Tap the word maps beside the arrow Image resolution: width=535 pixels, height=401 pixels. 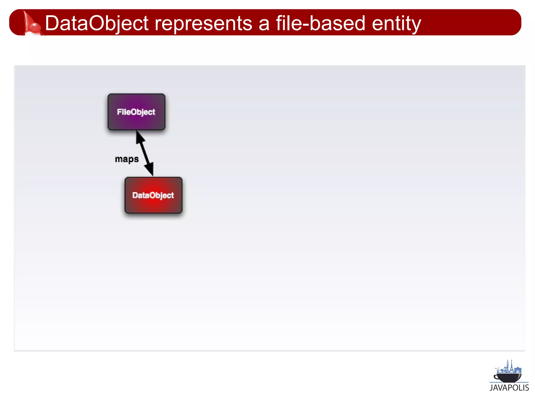point(127,159)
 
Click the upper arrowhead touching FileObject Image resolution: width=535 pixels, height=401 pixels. point(140,137)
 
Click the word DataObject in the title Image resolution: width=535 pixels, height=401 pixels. point(97,23)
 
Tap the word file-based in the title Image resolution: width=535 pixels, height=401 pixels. point(320,23)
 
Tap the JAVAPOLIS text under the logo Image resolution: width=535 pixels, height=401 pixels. point(509,388)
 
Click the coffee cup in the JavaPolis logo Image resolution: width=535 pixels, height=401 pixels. point(508,377)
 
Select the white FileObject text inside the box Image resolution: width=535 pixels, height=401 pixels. point(136,112)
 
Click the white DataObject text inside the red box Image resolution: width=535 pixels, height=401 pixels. point(153,195)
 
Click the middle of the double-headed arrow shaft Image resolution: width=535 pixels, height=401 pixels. point(145,153)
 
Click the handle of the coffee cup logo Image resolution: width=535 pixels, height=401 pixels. point(496,377)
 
